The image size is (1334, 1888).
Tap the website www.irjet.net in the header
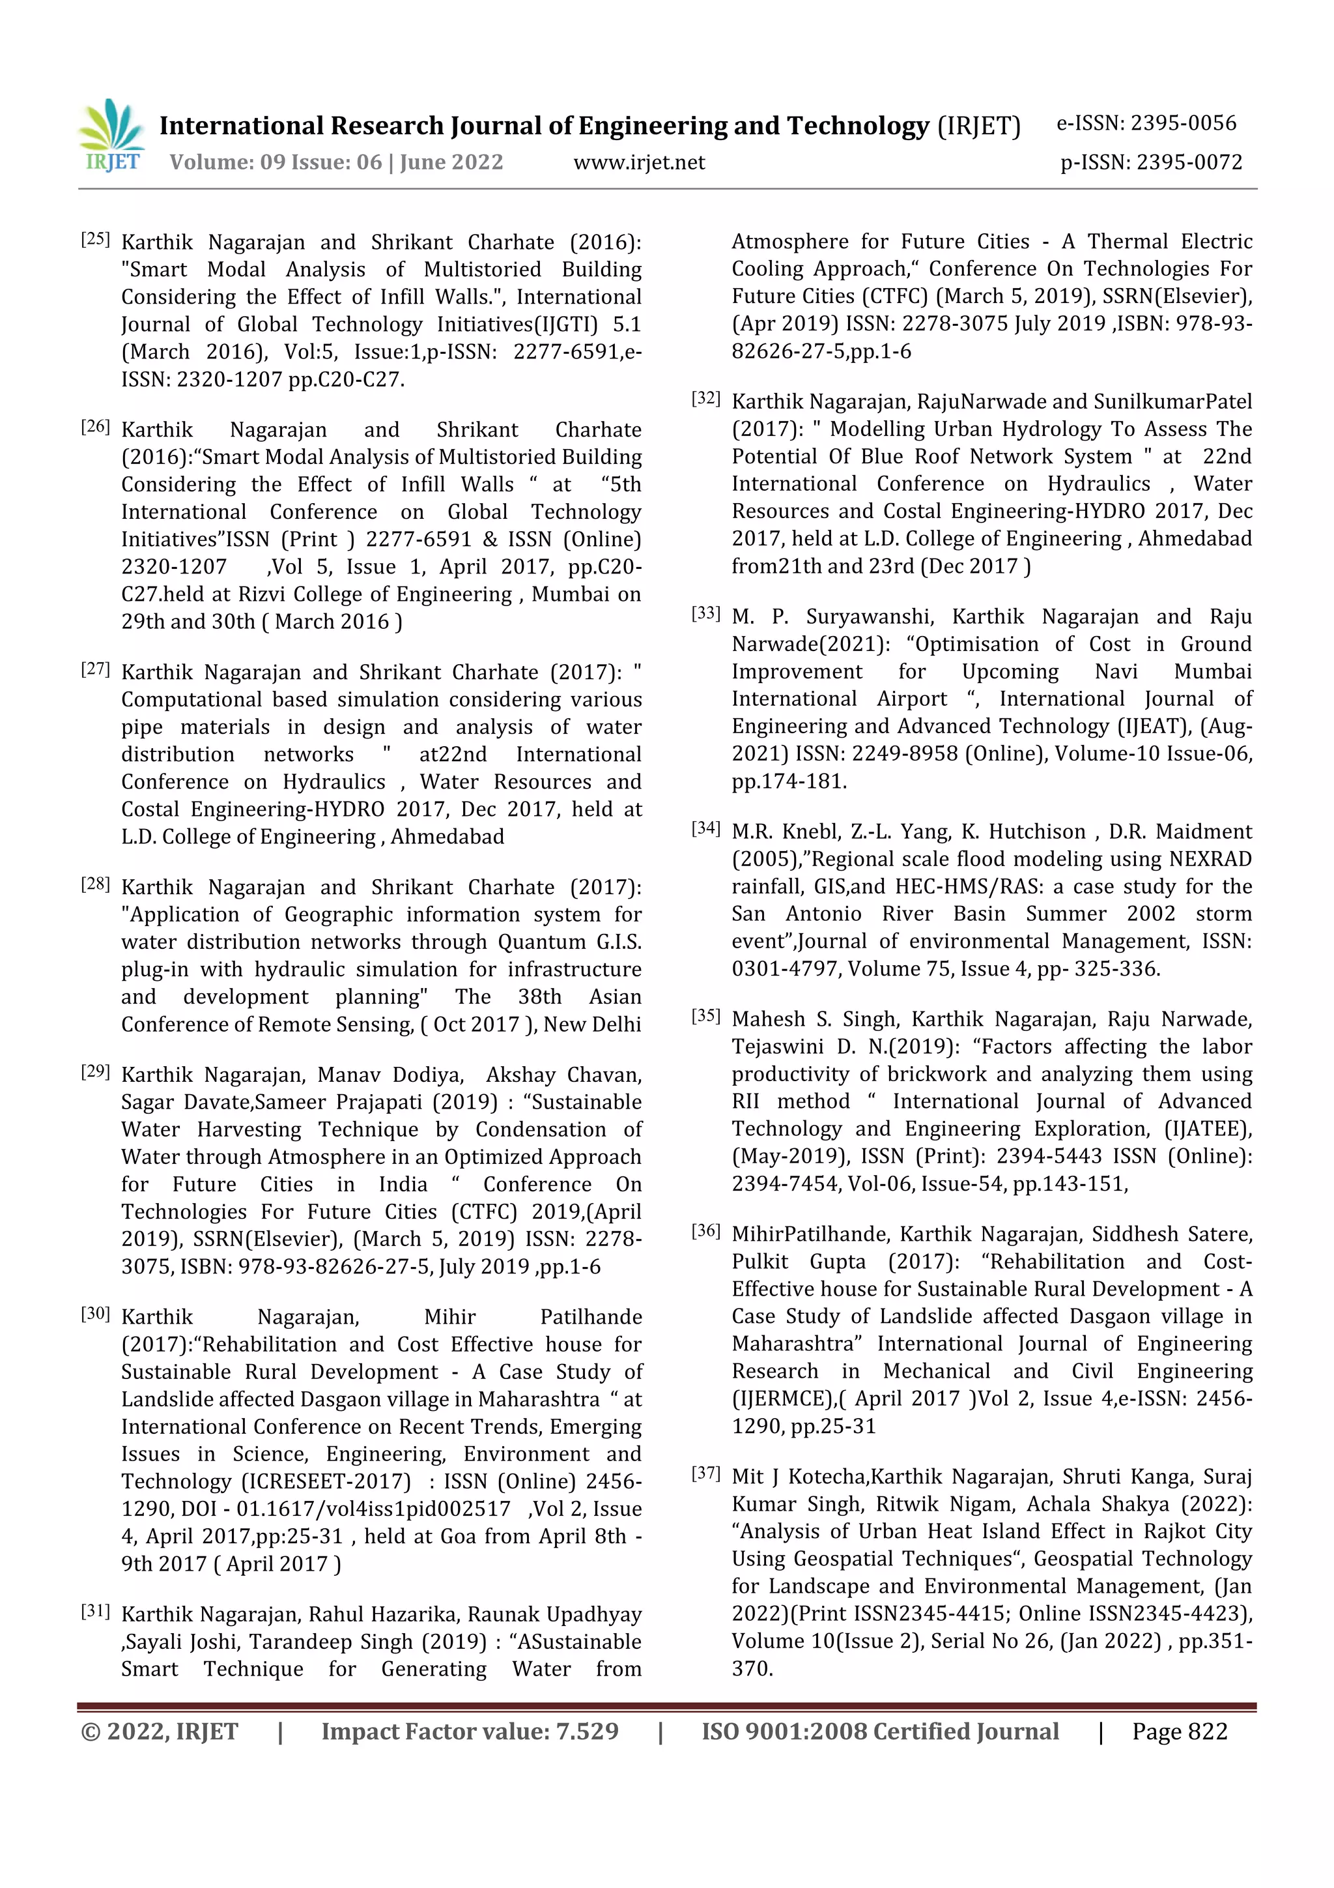(x=638, y=163)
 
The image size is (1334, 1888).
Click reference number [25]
(x=95, y=239)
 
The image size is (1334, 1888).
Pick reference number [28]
(x=95, y=884)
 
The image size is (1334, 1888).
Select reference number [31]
(x=95, y=1611)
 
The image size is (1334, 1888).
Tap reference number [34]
(x=706, y=829)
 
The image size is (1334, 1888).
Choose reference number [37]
(x=706, y=1474)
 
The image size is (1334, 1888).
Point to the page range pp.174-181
(x=789, y=782)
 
